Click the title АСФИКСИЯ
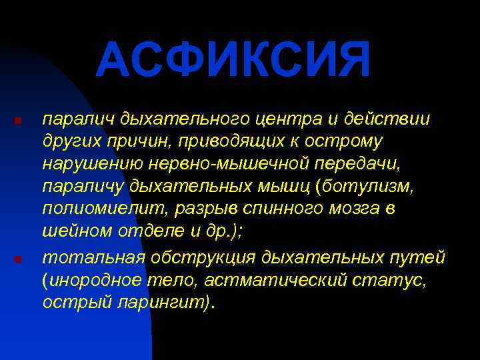pyautogui.click(x=233, y=59)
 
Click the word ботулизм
pyautogui.click(x=369, y=187)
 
